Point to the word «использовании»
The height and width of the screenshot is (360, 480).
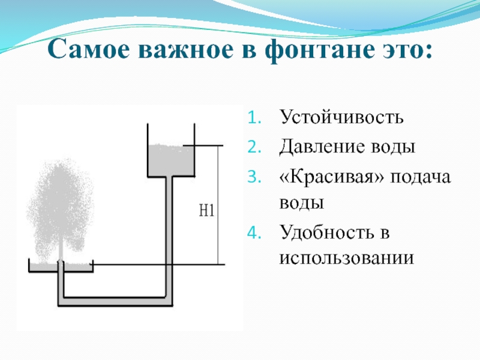click(x=346, y=259)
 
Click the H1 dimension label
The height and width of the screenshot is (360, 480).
click(x=206, y=211)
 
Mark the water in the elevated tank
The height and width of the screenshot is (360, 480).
click(x=170, y=160)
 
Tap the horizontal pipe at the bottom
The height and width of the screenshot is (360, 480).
click(x=114, y=298)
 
